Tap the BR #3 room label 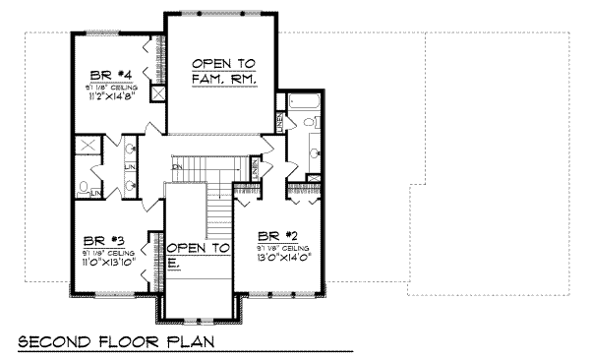click(x=104, y=239)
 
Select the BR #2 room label click(x=278, y=236)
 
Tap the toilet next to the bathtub click(x=311, y=123)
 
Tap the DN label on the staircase click(x=177, y=167)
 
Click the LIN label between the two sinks click(x=130, y=167)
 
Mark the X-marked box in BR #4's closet click(x=156, y=98)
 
